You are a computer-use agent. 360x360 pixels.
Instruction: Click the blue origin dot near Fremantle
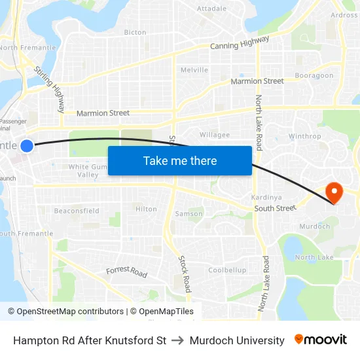tap(27, 146)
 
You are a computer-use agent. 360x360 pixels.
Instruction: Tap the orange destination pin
tap(334, 192)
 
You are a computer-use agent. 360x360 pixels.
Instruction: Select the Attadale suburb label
tap(211, 9)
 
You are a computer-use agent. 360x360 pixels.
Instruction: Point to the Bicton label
tap(135, 32)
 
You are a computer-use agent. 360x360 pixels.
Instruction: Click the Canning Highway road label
tap(240, 43)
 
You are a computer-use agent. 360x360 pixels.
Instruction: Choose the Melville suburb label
tap(194, 70)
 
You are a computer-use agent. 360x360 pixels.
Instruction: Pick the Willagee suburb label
tap(215, 135)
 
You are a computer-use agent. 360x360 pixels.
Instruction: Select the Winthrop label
tap(304, 137)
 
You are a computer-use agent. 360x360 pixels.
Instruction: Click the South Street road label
tap(276, 209)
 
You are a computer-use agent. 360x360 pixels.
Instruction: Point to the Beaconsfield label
tap(77, 211)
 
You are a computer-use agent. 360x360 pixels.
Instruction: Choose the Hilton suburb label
tap(146, 209)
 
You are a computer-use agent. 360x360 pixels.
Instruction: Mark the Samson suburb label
tap(189, 214)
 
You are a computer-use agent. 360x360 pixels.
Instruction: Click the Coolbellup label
tap(227, 270)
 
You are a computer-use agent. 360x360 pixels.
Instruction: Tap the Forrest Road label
tap(127, 272)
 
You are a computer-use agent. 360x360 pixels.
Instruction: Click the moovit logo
tap(321, 340)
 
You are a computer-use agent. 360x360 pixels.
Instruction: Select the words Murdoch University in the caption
tap(237, 340)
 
